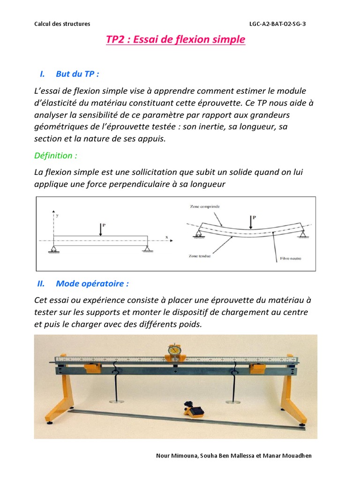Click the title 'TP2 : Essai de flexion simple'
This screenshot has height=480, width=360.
pos(175,40)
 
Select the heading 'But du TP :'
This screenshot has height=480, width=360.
pos(77,74)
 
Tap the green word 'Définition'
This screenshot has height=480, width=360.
pos(53,155)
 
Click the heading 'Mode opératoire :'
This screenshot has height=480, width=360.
pos(92,284)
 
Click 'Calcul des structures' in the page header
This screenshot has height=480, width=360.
pos(62,24)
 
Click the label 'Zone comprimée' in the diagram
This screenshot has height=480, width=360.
pos(205,206)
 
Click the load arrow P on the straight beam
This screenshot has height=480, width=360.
pos(101,229)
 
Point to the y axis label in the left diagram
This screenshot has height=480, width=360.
pos(57,216)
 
